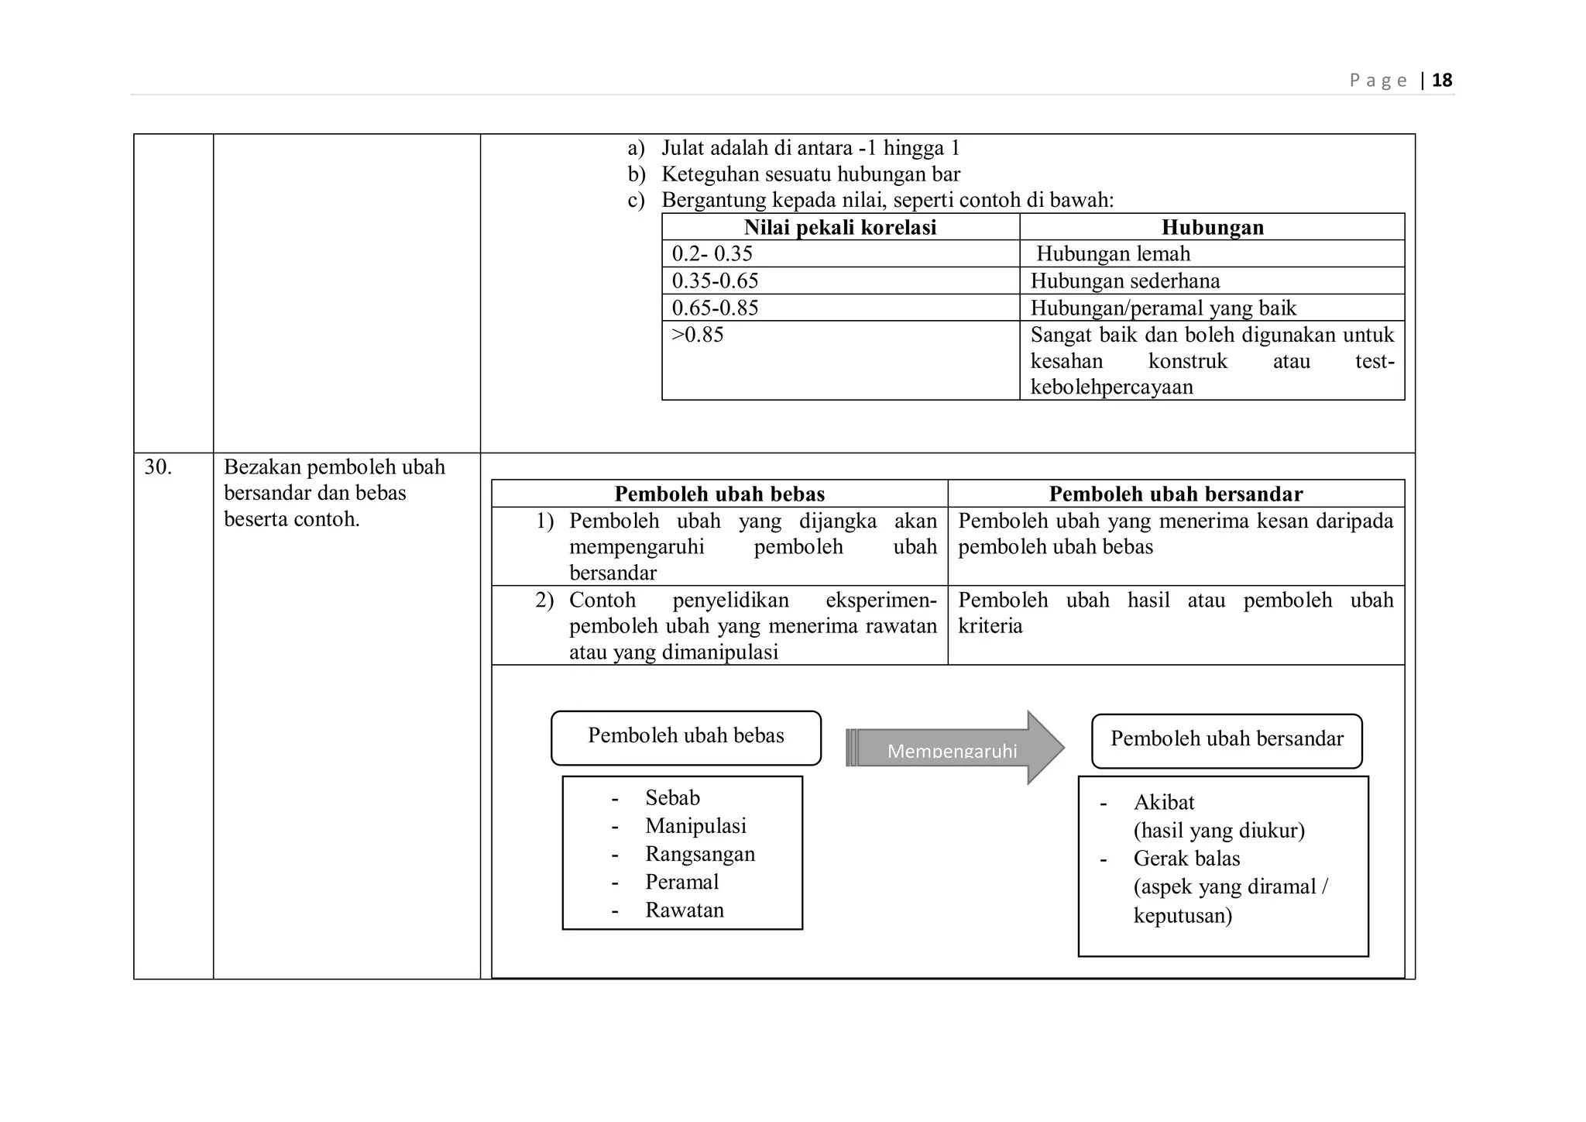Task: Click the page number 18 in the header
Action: (x=1442, y=81)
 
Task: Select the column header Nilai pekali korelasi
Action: (x=840, y=227)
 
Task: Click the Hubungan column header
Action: (x=1212, y=227)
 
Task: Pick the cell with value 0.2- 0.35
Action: (x=712, y=254)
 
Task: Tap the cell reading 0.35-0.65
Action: (x=715, y=280)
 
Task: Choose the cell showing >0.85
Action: (x=697, y=335)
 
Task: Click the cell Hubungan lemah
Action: (x=1113, y=254)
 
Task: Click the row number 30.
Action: (x=158, y=467)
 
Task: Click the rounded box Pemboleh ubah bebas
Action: (x=685, y=737)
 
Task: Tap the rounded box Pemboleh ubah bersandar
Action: (x=1227, y=740)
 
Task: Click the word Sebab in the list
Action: (x=672, y=798)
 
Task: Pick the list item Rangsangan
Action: (x=700, y=854)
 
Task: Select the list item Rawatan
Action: (x=685, y=910)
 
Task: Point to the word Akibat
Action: (x=1164, y=803)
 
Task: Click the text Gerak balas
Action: (x=1186, y=859)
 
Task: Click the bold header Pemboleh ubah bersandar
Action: (x=1176, y=494)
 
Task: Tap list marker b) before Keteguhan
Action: (x=637, y=174)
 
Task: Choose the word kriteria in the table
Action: (x=990, y=626)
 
